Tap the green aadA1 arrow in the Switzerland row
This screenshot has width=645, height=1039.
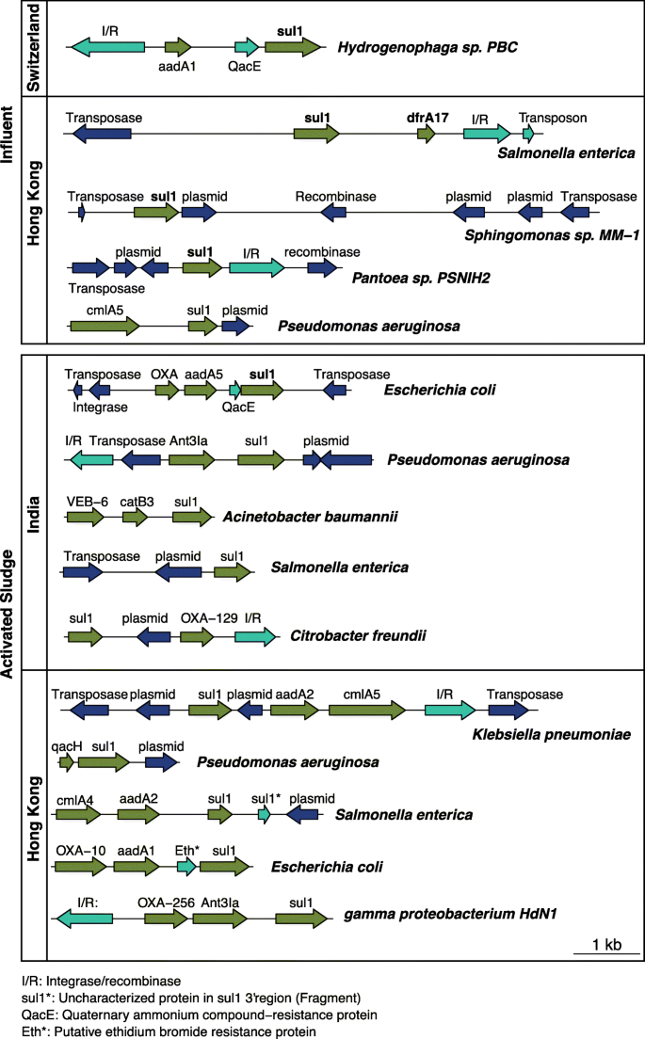pos(178,46)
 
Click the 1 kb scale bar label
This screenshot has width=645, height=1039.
pos(606,944)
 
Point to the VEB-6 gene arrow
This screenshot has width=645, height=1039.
pos(86,517)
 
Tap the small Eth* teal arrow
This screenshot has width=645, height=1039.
pos(186,865)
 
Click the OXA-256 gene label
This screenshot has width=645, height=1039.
pos(166,903)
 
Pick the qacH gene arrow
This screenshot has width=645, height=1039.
pos(66,761)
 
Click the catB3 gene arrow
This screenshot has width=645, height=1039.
pos(136,517)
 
